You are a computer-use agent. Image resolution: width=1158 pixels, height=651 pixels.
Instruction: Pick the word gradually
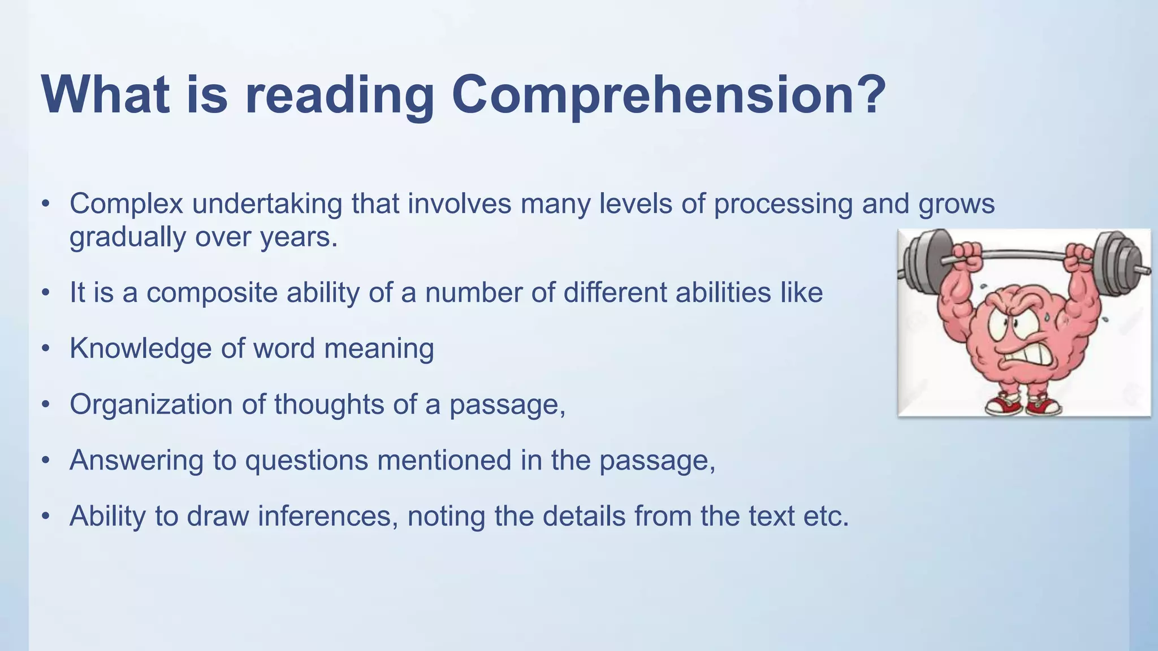pyautogui.click(x=127, y=237)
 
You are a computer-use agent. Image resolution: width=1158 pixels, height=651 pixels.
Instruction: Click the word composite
pyautogui.click(x=211, y=293)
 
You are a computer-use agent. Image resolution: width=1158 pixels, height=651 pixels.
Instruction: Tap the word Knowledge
pyautogui.click(x=140, y=349)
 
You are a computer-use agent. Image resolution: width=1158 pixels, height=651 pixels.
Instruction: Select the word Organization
pyautogui.click(x=151, y=405)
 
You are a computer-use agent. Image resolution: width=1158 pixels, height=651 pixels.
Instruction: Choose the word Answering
pyautogui.click(x=136, y=460)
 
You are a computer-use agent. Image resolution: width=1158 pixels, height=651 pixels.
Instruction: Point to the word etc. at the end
pyautogui.click(x=826, y=516)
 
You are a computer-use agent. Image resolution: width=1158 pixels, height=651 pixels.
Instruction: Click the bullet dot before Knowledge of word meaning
pyautogui.click(x=46, y=348)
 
